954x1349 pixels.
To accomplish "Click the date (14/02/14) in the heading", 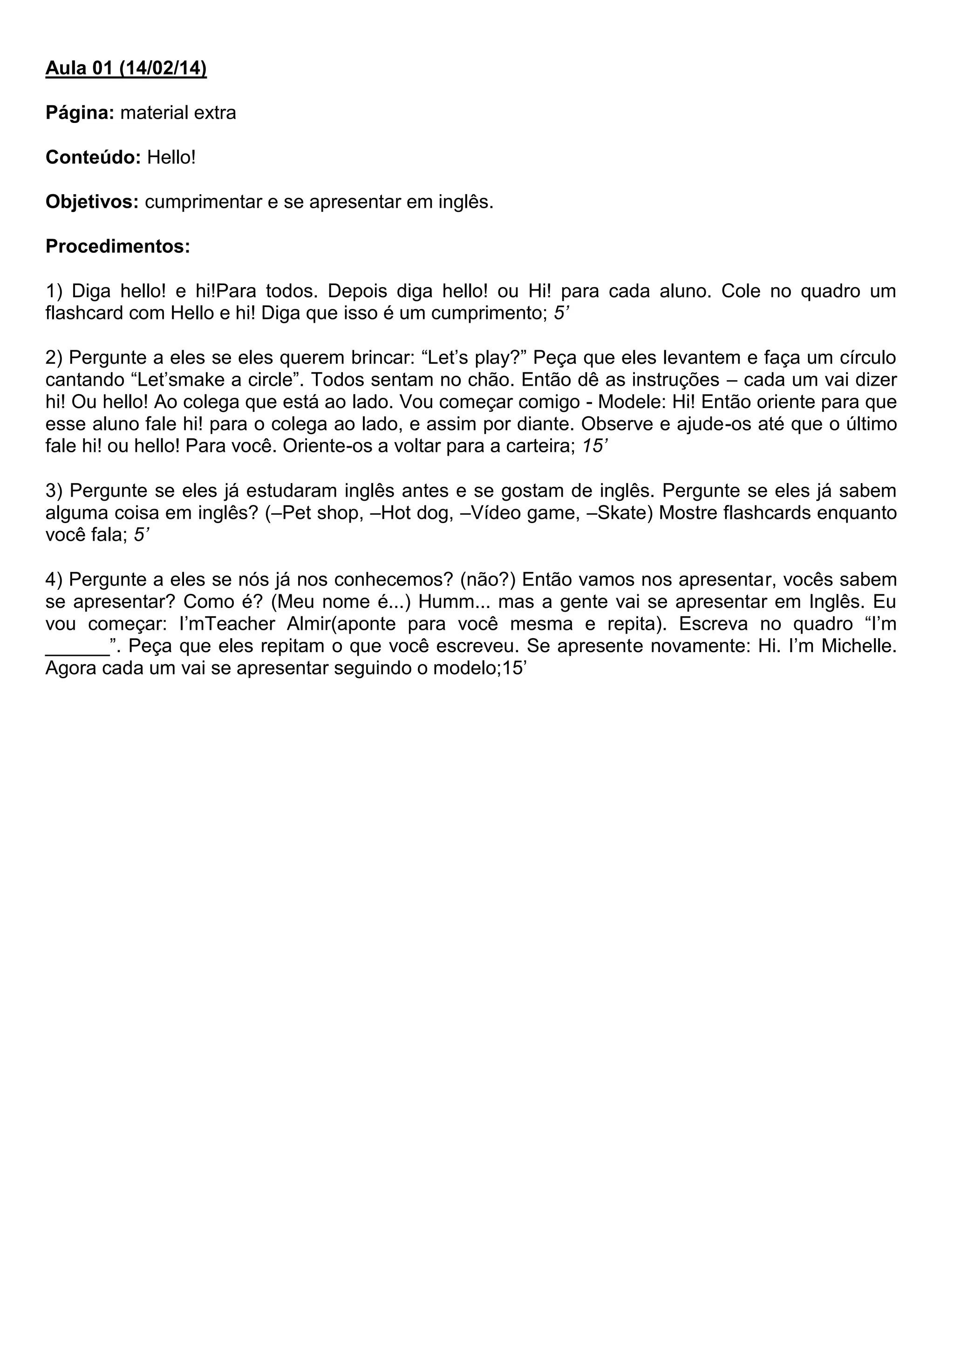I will point(163,69).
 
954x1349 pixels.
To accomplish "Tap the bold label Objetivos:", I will point(92,202).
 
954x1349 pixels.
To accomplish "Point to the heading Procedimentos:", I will point(117,247).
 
